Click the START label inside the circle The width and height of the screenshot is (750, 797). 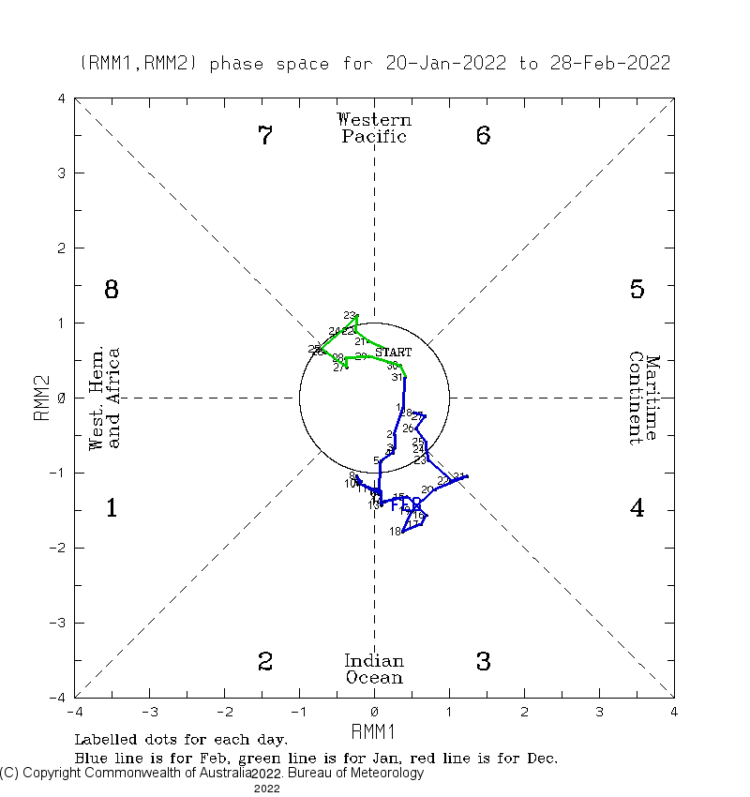click(393, 352)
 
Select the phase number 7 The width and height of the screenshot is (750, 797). click(265, 136)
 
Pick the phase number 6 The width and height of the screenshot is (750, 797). click(483, 136)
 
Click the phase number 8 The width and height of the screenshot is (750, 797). click(111, 290)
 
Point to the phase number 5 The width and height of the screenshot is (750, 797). click(637, 290)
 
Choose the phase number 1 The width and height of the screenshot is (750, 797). click(111, 509)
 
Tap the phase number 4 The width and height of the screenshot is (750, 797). click(637, 509)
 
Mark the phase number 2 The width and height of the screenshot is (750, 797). click(265, 662)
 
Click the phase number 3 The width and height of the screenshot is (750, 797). click(483, 662)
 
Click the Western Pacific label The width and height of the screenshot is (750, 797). click(374, 128)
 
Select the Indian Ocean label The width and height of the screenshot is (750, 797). click(374, 669)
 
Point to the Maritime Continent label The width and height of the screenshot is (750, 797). click(645, 398)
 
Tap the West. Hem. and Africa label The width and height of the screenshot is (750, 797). click(104, 398)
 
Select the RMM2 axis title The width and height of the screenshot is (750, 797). click(42, 398)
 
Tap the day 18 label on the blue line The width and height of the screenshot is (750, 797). click(395, 532)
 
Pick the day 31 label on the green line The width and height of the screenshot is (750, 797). click(397, 378)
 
